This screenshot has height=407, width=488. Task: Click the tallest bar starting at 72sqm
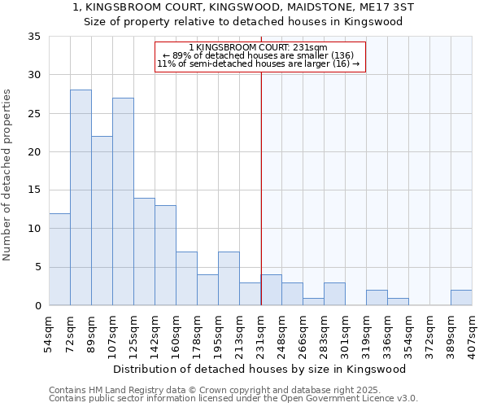(81, 198)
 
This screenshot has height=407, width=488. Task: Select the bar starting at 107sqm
(123, 202)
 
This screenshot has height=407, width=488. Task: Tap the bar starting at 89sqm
(102, 221)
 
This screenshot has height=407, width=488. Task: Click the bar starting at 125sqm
(144, 252)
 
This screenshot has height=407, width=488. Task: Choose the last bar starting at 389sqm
(461, 298)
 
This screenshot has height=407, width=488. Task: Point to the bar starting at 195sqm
(229, 278)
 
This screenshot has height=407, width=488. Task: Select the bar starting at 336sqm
(398, 301)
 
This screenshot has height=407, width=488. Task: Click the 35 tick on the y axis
(35, 37)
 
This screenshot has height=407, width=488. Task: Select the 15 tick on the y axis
(35, 190)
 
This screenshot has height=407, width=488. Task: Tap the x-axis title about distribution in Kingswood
(259, 369)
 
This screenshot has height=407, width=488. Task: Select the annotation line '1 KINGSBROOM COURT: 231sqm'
(258, 48)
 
